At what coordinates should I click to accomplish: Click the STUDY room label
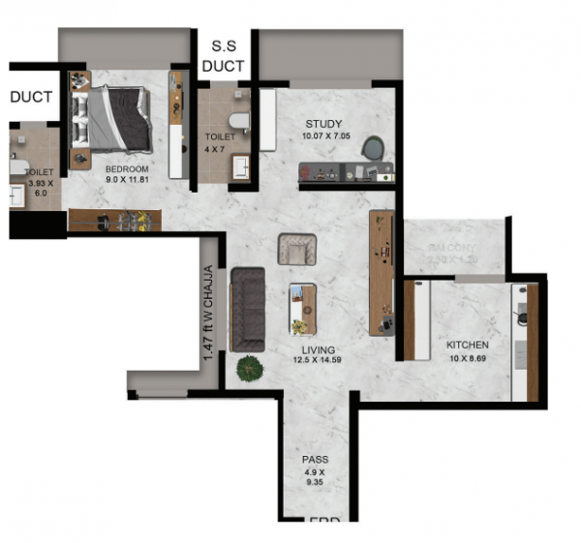(323, 124)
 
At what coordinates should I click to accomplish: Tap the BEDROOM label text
(126, 169)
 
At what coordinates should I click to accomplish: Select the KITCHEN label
(467, 346)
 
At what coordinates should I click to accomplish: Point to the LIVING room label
(318, 350)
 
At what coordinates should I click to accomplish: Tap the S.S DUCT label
(223, 56)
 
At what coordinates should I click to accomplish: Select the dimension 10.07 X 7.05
(323, 136)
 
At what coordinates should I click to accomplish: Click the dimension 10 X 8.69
(467, 358)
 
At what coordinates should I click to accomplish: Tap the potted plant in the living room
(250, 369)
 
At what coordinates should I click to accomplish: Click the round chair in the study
(373, 148)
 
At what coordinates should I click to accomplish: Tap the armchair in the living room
(296, 249)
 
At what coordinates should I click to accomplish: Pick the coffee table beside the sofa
(302, 308)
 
